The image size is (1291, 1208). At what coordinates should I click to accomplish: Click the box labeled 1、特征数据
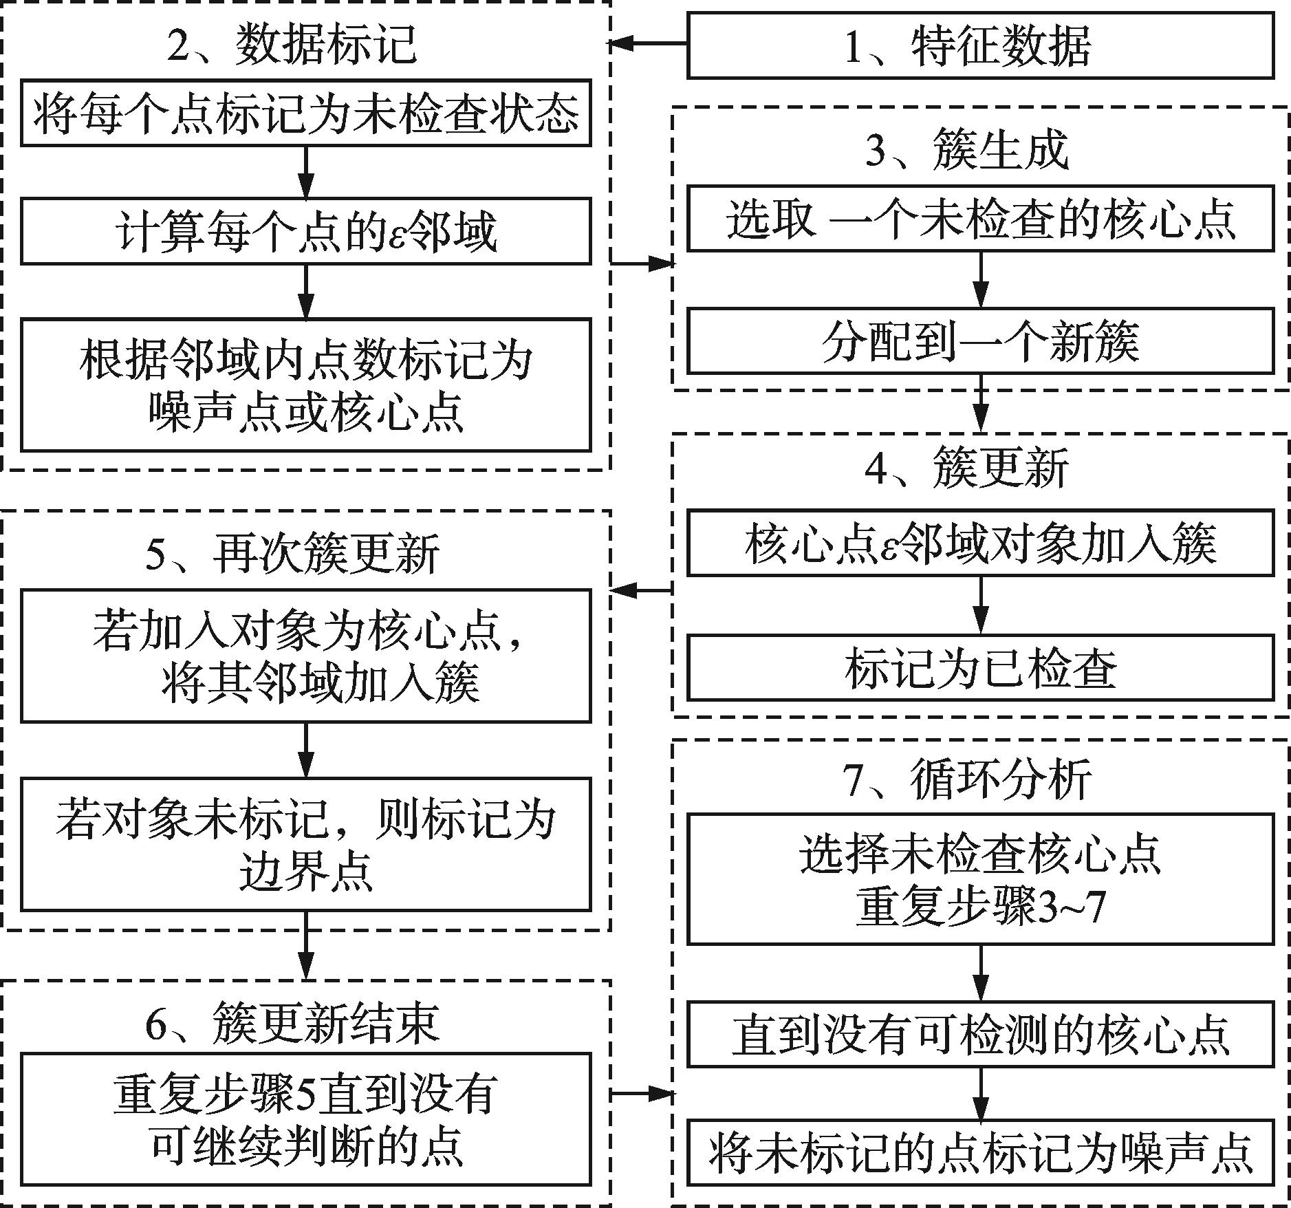pyautogui.click(x=980, y=45)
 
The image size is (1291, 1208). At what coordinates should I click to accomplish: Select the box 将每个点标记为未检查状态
pyautogui.click(x=305, y=114)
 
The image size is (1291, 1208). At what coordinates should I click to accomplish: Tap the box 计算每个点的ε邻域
pyautogui.click(x=305, y=231)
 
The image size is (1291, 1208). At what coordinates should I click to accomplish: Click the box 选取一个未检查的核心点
pyautogui.click(x=980, y=218)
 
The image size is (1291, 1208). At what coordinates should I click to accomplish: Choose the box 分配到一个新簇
pyautogui.click(x=980, y=341)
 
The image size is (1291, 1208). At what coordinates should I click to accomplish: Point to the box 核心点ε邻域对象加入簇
pyautogui.click(x=980, y=543)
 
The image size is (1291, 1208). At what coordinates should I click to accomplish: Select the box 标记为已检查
pyautogui.click(x=980, y=667)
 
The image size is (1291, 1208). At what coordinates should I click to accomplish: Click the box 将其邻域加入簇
pyautogui.click(x=305, y=655)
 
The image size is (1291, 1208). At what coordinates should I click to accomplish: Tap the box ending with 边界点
pyautogui.click(x=305, y=844)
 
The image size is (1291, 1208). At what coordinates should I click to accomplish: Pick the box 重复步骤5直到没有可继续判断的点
pyautogui.click(x=305, y=1119)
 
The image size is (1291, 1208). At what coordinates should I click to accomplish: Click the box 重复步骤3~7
pyautogui.click(x=980, y=878)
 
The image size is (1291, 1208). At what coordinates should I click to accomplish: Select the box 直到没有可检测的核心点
pyautogui.click(x=980, y=1034)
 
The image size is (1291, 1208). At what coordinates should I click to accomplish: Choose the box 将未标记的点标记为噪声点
pyautogui.click(x=980, y=1153)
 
